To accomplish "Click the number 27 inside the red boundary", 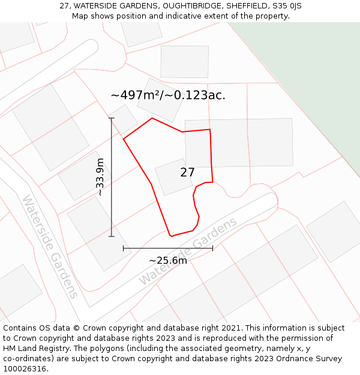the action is pos(187,173).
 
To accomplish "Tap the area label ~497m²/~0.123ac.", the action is pos(168,95).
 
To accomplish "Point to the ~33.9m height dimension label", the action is pos(100,176).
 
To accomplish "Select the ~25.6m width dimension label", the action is pos(168,260).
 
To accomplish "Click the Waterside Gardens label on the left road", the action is pos(50,246).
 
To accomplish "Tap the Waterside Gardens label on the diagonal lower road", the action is pos(188,251).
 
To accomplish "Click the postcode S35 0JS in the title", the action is pos(287,6).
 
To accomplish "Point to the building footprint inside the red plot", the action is pos(173,177).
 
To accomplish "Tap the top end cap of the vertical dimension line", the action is pos(112,118).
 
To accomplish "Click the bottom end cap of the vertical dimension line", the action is pos(112,236).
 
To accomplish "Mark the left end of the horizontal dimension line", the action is pos(124,248).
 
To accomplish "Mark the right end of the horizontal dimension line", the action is pos(212,248).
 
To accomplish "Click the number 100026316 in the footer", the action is pos(25,369).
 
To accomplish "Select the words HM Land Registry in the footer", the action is pos(32,349).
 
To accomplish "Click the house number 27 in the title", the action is pos(64,6).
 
